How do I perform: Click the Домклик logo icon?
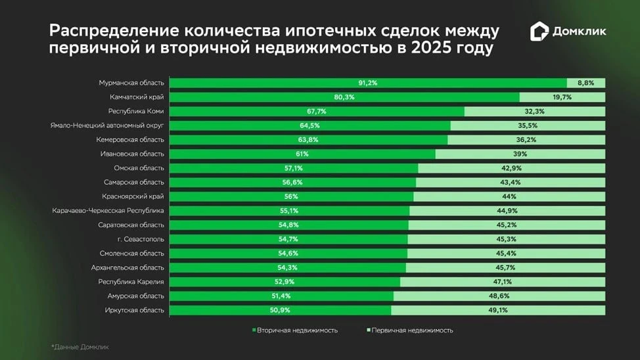[539, 32]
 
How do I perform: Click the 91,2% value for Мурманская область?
[367, 83]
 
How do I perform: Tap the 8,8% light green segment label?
[585, 83]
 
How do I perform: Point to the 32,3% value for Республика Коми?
[534, 112]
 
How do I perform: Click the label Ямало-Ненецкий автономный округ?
[107, 125]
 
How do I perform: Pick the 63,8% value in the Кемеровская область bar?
[308, 140]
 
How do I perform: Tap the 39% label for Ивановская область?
[520, 154]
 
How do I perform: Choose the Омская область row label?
[139, 168]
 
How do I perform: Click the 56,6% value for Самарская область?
[292, 182]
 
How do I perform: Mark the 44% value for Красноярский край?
[509, 196]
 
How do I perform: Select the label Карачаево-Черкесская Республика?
[108, 211]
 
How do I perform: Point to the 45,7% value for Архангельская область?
[505, 267]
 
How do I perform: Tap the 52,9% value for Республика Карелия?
[285, 282]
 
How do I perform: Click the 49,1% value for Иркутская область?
[497, 310]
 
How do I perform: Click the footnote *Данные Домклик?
[80, 346]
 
